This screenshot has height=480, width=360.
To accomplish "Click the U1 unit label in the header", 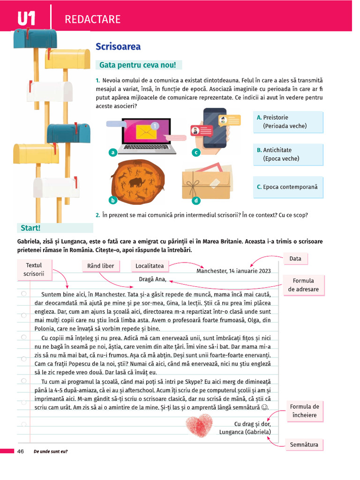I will (x=26, y=19).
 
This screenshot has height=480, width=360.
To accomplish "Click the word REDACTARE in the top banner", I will (x=92, y=19).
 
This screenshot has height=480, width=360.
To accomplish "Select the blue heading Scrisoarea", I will (x=118, y=46).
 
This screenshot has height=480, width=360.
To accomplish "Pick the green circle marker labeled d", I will (x=196, y=201).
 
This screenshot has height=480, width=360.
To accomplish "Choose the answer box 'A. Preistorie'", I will (x=288, y=122).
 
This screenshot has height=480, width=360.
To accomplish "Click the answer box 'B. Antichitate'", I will (x=288, y=154).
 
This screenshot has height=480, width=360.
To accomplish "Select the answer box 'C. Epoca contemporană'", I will (x=288, y=187).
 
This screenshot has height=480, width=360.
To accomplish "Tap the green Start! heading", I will (x=30, y=228).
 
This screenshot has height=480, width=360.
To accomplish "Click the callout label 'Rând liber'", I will (x=101, y=266).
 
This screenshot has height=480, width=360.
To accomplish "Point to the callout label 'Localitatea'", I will (x=150, y=266).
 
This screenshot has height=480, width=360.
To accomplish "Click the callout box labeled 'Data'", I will (x=295, y=258).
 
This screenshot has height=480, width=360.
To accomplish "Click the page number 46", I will (x=21, y=451).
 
